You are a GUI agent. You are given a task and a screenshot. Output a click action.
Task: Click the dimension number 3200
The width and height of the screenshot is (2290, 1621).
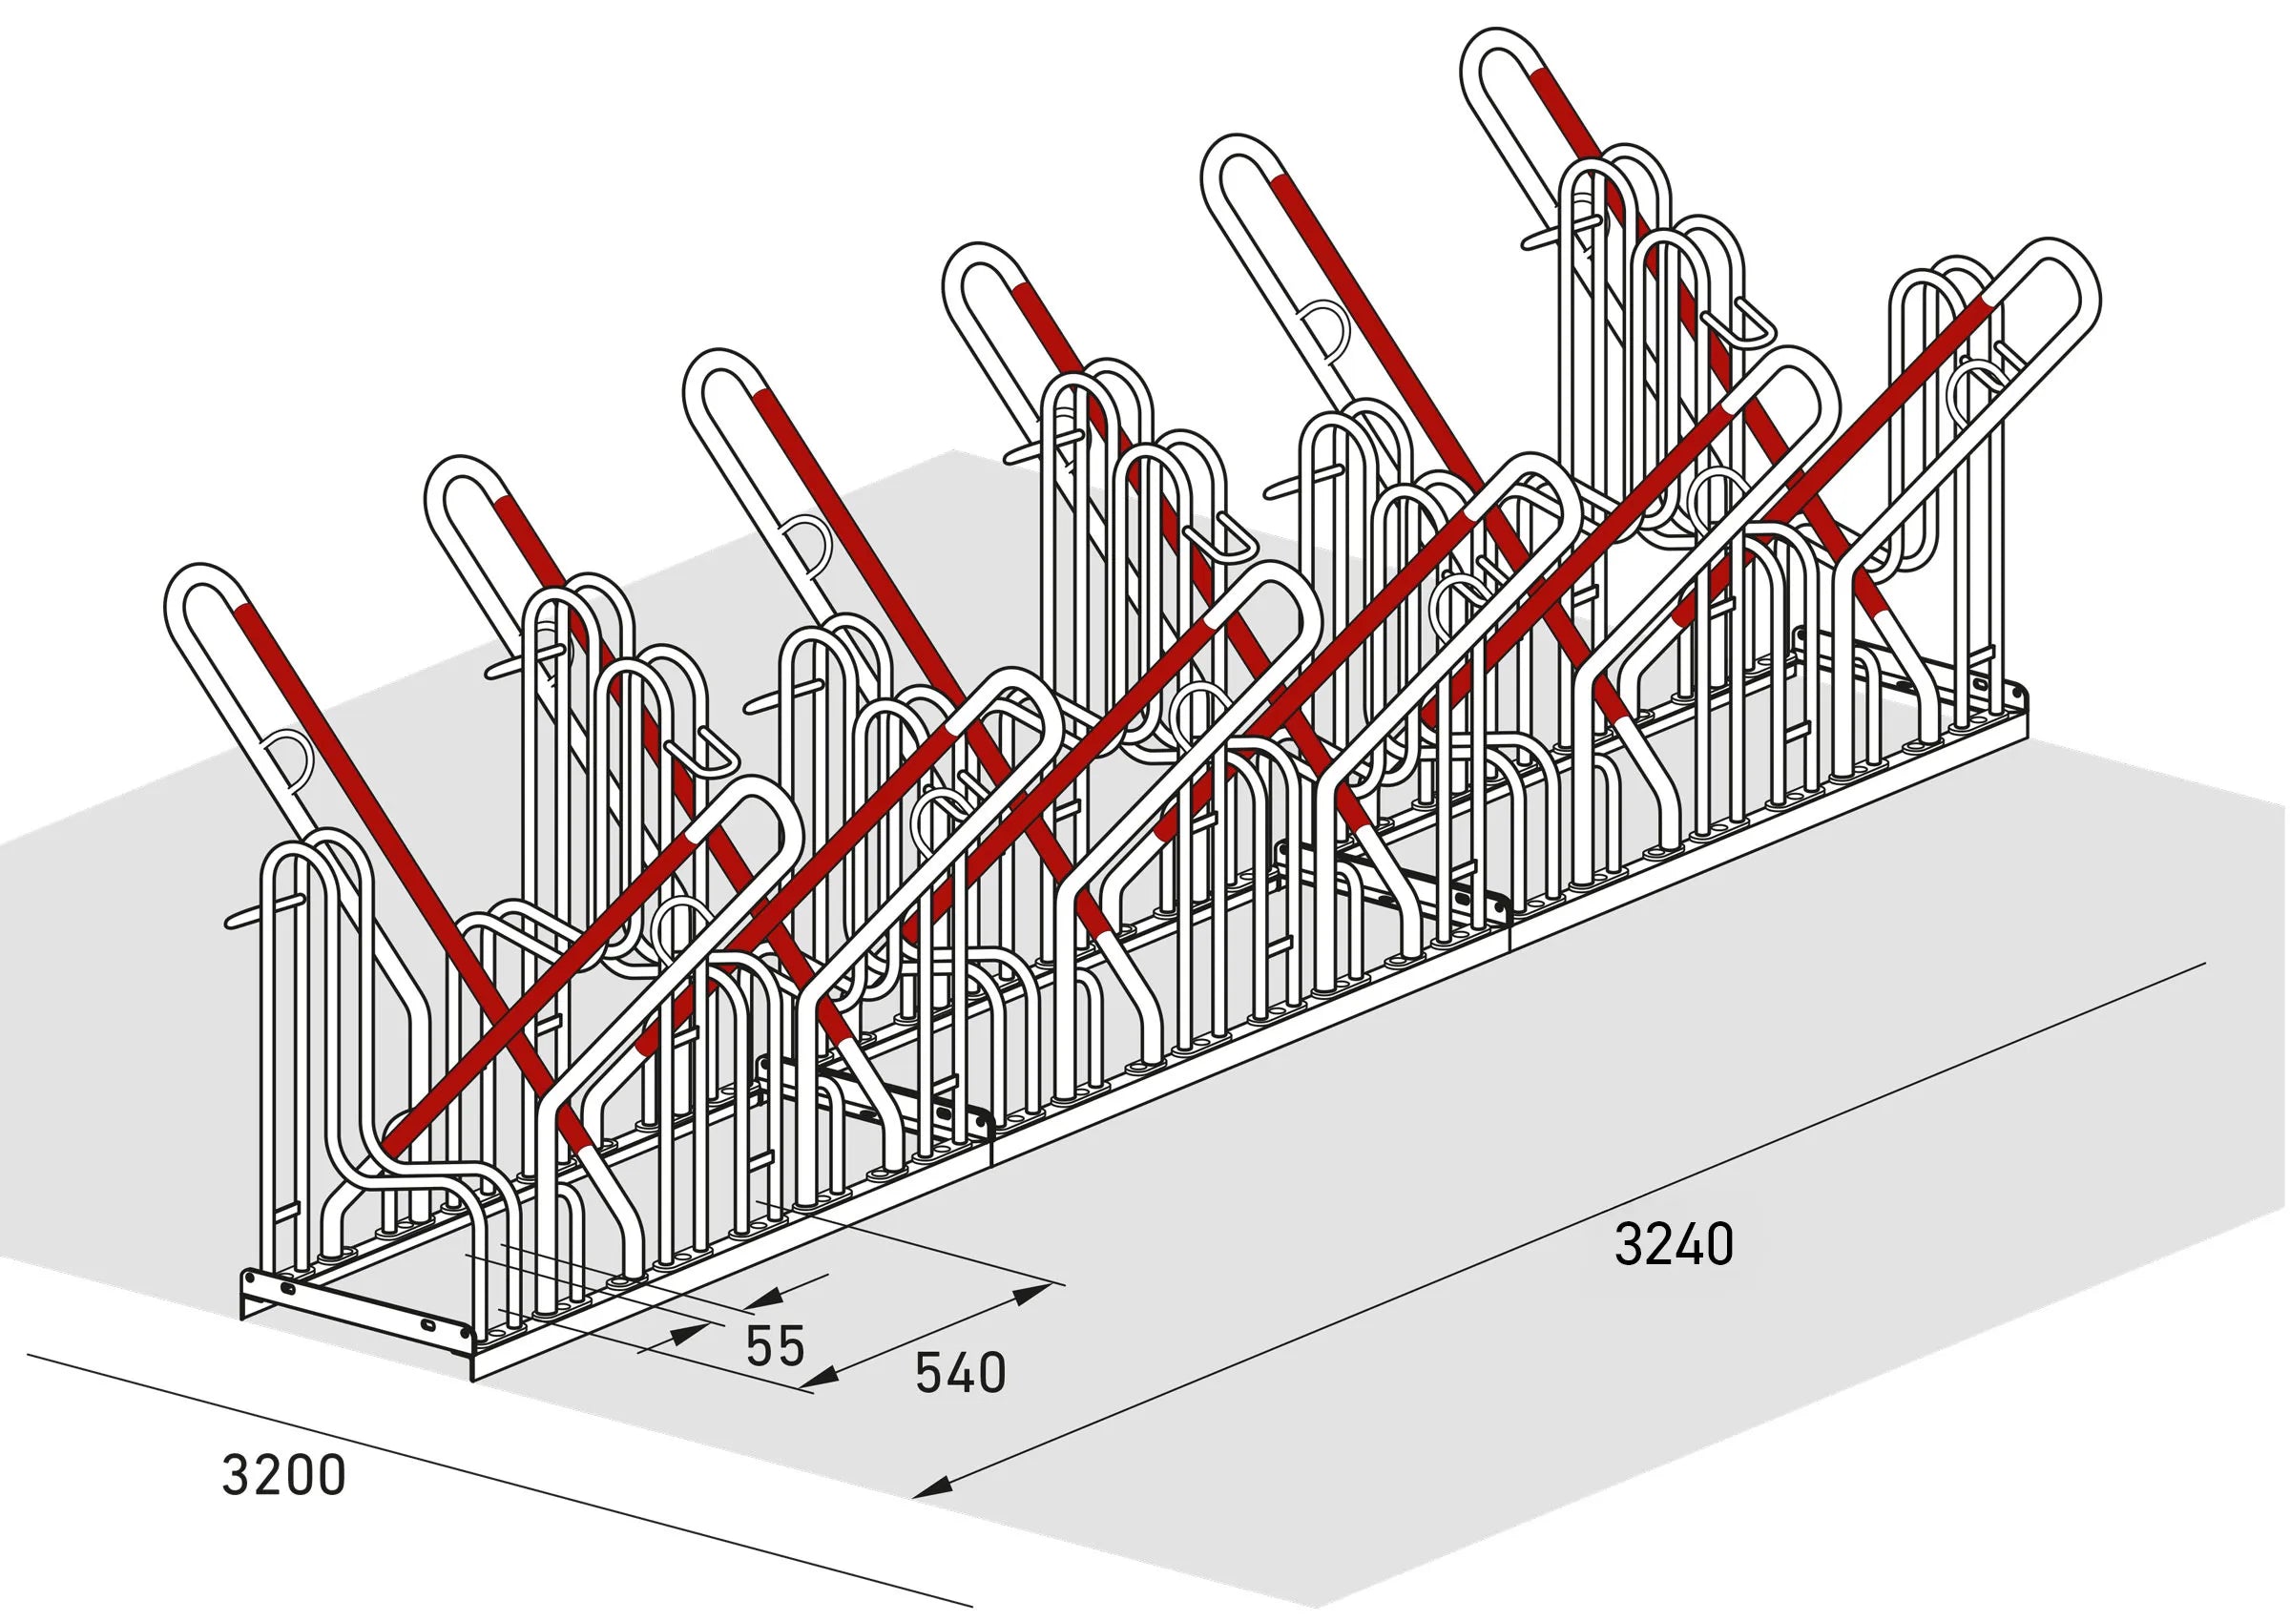pyautogui.click(x=283, y=1475)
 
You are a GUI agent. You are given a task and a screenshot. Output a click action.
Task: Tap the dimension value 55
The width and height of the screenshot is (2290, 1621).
pyautogui.click(x=775, y=1345)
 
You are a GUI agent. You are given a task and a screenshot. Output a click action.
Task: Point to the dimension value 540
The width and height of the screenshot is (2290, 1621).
pyautogui.click(x=960, y=1374)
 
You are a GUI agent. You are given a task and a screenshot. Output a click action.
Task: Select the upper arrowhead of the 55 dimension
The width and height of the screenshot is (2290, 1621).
pyautogui.click(x=763, y=1298)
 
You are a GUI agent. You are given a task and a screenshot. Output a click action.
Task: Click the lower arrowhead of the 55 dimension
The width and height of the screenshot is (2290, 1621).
pyautogui.click(x=688, y=1333)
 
